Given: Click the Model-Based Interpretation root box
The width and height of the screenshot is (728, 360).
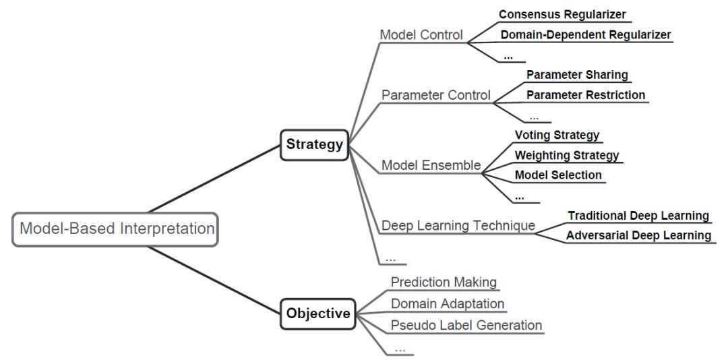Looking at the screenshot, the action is point(115,229).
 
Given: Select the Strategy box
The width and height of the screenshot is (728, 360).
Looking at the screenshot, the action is point(314,145).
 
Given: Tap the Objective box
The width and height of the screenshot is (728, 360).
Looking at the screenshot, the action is point(318,313).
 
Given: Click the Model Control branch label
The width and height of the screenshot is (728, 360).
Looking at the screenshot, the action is point(421,35).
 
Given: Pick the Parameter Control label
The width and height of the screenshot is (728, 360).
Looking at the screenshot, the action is point(436,95).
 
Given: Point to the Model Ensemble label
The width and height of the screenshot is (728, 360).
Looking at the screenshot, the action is point(431,165).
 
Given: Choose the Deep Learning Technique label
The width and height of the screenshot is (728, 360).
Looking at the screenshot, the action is point(458,226).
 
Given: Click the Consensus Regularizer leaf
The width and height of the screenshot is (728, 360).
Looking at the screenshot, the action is point(562,14).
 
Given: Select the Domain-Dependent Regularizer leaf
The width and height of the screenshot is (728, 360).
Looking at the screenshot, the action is point(586,34).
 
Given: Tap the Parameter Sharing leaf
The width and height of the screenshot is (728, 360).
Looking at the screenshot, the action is point(577,74).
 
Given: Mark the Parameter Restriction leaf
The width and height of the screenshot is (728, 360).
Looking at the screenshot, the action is point(586,95).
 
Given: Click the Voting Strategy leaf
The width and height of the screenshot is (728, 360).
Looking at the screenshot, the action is point(557,136).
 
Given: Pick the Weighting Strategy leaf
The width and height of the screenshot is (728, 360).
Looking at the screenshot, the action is point(567,155).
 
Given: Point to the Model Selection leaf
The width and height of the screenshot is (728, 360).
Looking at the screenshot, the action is point(558,175).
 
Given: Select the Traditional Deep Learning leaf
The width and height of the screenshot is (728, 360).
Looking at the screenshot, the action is point(638,216).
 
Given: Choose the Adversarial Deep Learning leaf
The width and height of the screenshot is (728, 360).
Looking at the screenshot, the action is point(638,235).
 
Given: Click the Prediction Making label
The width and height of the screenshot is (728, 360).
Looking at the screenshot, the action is point(444,282).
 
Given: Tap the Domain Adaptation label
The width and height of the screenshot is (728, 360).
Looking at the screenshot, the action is point(448,304).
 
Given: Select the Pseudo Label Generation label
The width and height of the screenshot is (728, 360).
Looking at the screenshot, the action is point(466,325).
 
